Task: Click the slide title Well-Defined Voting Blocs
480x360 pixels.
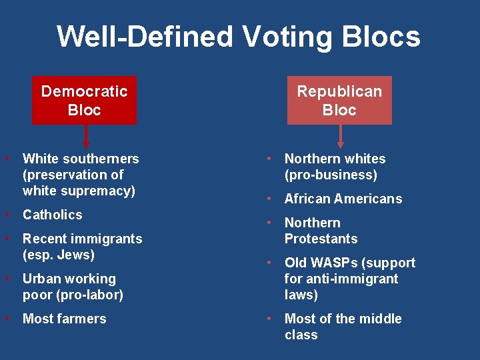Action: [x=239, y=37]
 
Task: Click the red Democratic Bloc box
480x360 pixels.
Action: [x=84, y=101]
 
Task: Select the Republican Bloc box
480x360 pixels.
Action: [x=339, y=101]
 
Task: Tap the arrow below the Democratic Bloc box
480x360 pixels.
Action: [x=85, y=136]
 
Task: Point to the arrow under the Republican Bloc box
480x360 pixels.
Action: [x=341, y=136]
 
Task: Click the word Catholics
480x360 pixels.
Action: [x=52, y=215]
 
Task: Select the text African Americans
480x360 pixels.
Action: [x=343, y=199]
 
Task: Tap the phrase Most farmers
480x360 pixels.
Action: [x=64, y=319]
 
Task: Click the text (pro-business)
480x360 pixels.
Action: [x=331, y=175]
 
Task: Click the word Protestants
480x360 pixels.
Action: [x=321, y=239]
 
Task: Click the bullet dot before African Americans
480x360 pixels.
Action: [x=269, y=199]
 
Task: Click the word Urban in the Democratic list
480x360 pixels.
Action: [x=41, y=279]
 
